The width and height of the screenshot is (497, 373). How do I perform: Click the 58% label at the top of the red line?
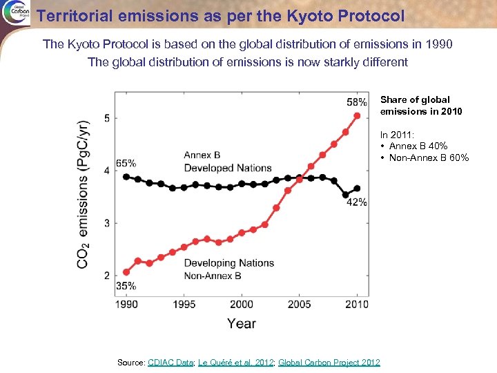pos(357,102)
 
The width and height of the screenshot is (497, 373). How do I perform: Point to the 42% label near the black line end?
pos(357,202)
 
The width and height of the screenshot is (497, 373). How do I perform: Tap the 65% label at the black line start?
pos(126,164)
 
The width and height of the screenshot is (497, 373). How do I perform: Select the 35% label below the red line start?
pos(126,285)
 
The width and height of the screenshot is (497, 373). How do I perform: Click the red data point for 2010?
pos(357,115)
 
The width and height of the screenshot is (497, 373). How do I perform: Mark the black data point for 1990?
pos(126,177)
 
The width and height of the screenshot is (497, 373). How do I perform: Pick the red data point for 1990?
pos(126,271)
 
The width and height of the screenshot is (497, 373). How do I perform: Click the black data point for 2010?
pos(357,188)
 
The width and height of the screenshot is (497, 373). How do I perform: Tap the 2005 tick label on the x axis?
pos(299,305)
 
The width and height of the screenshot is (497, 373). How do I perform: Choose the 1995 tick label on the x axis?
pos(184,305)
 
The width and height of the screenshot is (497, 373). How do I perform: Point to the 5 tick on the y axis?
pos(106,118)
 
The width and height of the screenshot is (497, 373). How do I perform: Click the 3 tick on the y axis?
pos(106,223)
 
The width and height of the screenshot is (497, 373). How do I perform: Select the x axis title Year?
pos(242,323)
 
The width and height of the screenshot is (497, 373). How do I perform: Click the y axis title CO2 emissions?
pos(83,194)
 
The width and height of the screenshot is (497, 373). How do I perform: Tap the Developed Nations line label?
pos(227,168)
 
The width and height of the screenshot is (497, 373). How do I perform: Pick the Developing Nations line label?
pos(228,262)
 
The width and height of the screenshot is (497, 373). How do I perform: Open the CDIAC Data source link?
pos(170,363)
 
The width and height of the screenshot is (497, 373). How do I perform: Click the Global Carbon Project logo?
pos(15,13)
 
